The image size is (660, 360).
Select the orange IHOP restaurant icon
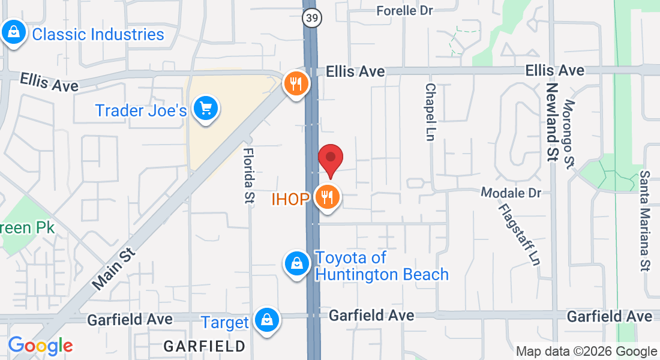pos(328,196)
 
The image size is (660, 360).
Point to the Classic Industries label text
pos(98,34)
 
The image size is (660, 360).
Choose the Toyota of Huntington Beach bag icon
pos(296,262)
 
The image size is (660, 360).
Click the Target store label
pos(225,322)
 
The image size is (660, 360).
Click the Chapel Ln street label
pos(430,112)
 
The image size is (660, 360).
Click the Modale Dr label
pos(511,193)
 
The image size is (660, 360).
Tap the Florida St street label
pos(248,175)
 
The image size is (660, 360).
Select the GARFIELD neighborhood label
pos(205,346)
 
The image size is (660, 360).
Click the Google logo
pos(40,346)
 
